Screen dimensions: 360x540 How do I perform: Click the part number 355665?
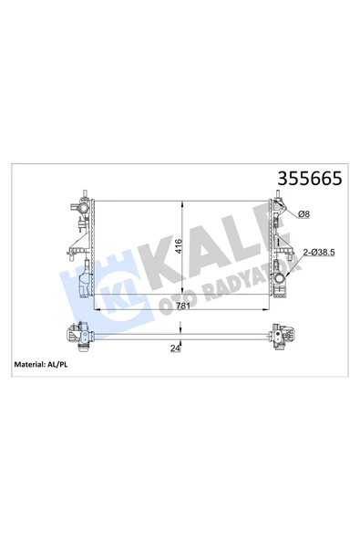pos(310,179)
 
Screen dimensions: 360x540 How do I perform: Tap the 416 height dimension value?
pos(179,246)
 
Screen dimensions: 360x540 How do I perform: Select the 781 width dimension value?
pos(183,306)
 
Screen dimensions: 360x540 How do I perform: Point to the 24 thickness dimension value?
pos(175,348)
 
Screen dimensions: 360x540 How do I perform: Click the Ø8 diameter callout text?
pos(303,214)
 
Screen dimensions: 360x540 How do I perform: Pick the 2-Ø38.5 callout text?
pos(319,253)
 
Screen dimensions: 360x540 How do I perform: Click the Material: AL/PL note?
pos(41,364)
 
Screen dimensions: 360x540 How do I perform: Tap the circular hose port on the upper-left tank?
pos(83,208)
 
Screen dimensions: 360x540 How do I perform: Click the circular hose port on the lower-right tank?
pos(280,278)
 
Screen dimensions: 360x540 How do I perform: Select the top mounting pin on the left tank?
pos(85,193)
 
